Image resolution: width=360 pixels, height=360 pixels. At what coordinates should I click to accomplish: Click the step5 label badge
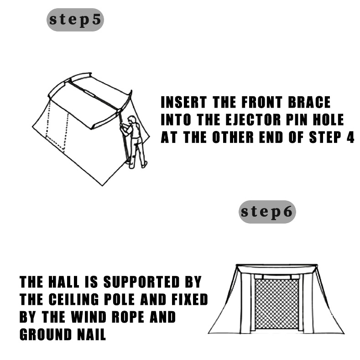75,20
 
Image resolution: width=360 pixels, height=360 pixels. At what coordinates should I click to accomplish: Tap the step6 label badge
267,212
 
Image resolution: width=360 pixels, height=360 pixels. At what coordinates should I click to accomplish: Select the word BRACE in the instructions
309,102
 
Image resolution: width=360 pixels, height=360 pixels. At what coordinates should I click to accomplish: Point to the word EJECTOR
253,120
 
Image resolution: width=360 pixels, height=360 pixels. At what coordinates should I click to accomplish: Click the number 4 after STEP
350,137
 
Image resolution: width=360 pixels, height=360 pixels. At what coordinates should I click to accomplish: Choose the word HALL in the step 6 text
64,282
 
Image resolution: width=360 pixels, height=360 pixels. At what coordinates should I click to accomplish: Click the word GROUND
46,334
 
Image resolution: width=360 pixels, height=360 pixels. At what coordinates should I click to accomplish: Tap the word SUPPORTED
141,282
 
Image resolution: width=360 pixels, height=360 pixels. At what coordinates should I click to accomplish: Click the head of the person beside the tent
131,120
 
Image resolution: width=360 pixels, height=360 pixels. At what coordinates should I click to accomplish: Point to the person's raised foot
145,164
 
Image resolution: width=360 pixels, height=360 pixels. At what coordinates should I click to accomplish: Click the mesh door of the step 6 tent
277,304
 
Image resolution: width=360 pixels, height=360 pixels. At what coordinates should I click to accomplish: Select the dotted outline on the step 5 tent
57,129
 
